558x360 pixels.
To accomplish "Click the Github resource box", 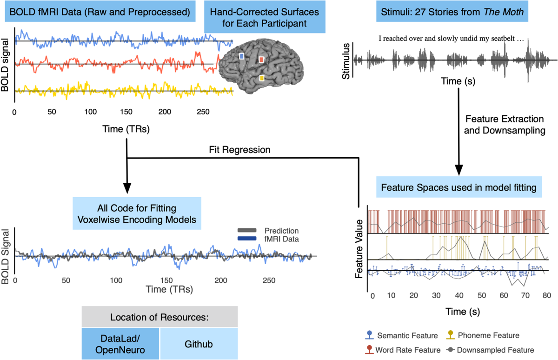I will click(x=198, y=344).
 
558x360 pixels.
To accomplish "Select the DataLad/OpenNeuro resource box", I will click(x=120, y=344).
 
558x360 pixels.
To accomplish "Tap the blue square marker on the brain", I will click(x=241, y=56).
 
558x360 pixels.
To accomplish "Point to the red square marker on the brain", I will click(x=261, y=60).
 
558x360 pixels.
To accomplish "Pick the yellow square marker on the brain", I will click(x=262, y=78).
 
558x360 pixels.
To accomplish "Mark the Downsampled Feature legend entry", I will click(x=494, y=350).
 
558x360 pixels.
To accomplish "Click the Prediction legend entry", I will click(x=281, y=231).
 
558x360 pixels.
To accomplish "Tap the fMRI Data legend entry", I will click(x=281, y=239).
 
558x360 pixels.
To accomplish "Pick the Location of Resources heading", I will click(x=159, y=318).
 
